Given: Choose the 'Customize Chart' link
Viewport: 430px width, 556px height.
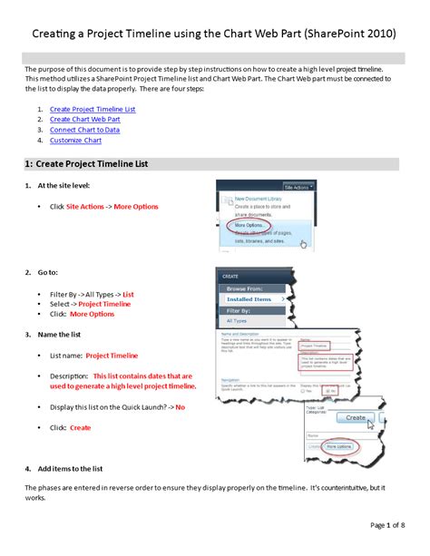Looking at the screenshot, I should click(75, 141).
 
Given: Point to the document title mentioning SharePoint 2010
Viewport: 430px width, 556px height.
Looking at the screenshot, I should click(215, 34).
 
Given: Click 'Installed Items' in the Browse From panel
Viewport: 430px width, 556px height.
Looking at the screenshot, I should click(249, 298).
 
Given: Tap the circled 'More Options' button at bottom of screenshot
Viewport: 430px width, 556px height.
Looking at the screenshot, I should click(343, 446).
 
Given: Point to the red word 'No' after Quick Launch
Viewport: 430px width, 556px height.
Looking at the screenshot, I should click(180, 407).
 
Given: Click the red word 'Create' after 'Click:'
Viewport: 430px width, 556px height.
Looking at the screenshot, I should click(81, 426).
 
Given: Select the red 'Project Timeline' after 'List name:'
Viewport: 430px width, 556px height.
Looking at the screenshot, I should click(112, 356).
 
